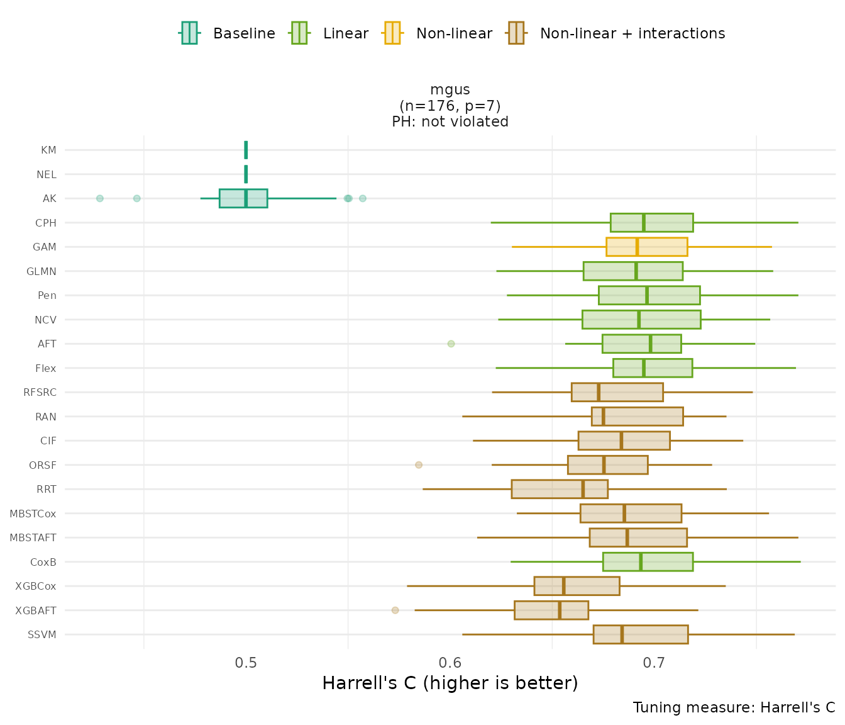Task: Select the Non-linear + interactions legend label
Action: [x=632, y=33]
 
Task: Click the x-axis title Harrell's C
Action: [x=450, y=683]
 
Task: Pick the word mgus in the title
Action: [x=450, y=90]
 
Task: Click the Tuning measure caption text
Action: [x=734, y=707]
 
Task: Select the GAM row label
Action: [x=45, y=247]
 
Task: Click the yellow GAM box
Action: [x=646, y=247]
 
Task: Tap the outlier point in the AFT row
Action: [x=451, y=344]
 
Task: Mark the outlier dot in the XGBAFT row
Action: [x=395, y=610]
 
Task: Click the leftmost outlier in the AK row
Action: [x=99, y=198]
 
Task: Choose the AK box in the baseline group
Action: [x=243, y=198]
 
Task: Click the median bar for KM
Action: [x=246, y=150]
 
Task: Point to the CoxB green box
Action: [x=648, y=561]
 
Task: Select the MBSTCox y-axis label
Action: [x=33, y=514]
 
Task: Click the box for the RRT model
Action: [x=560, y=489]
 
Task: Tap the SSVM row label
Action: [x=42, y=634]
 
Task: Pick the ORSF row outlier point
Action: [x=419, y=465]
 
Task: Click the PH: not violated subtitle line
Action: [x=450, y=122]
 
